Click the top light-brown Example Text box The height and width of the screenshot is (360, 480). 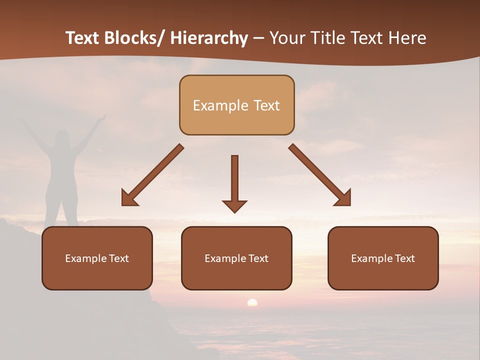236,105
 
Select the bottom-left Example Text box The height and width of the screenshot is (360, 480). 97,258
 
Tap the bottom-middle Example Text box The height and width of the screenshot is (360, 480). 236,258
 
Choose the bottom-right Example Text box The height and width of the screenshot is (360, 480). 383,258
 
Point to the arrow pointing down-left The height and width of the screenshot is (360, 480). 152,175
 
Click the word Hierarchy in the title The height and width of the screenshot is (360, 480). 209,38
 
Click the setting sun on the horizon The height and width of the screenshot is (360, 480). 252,302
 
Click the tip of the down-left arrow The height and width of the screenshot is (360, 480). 123,203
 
